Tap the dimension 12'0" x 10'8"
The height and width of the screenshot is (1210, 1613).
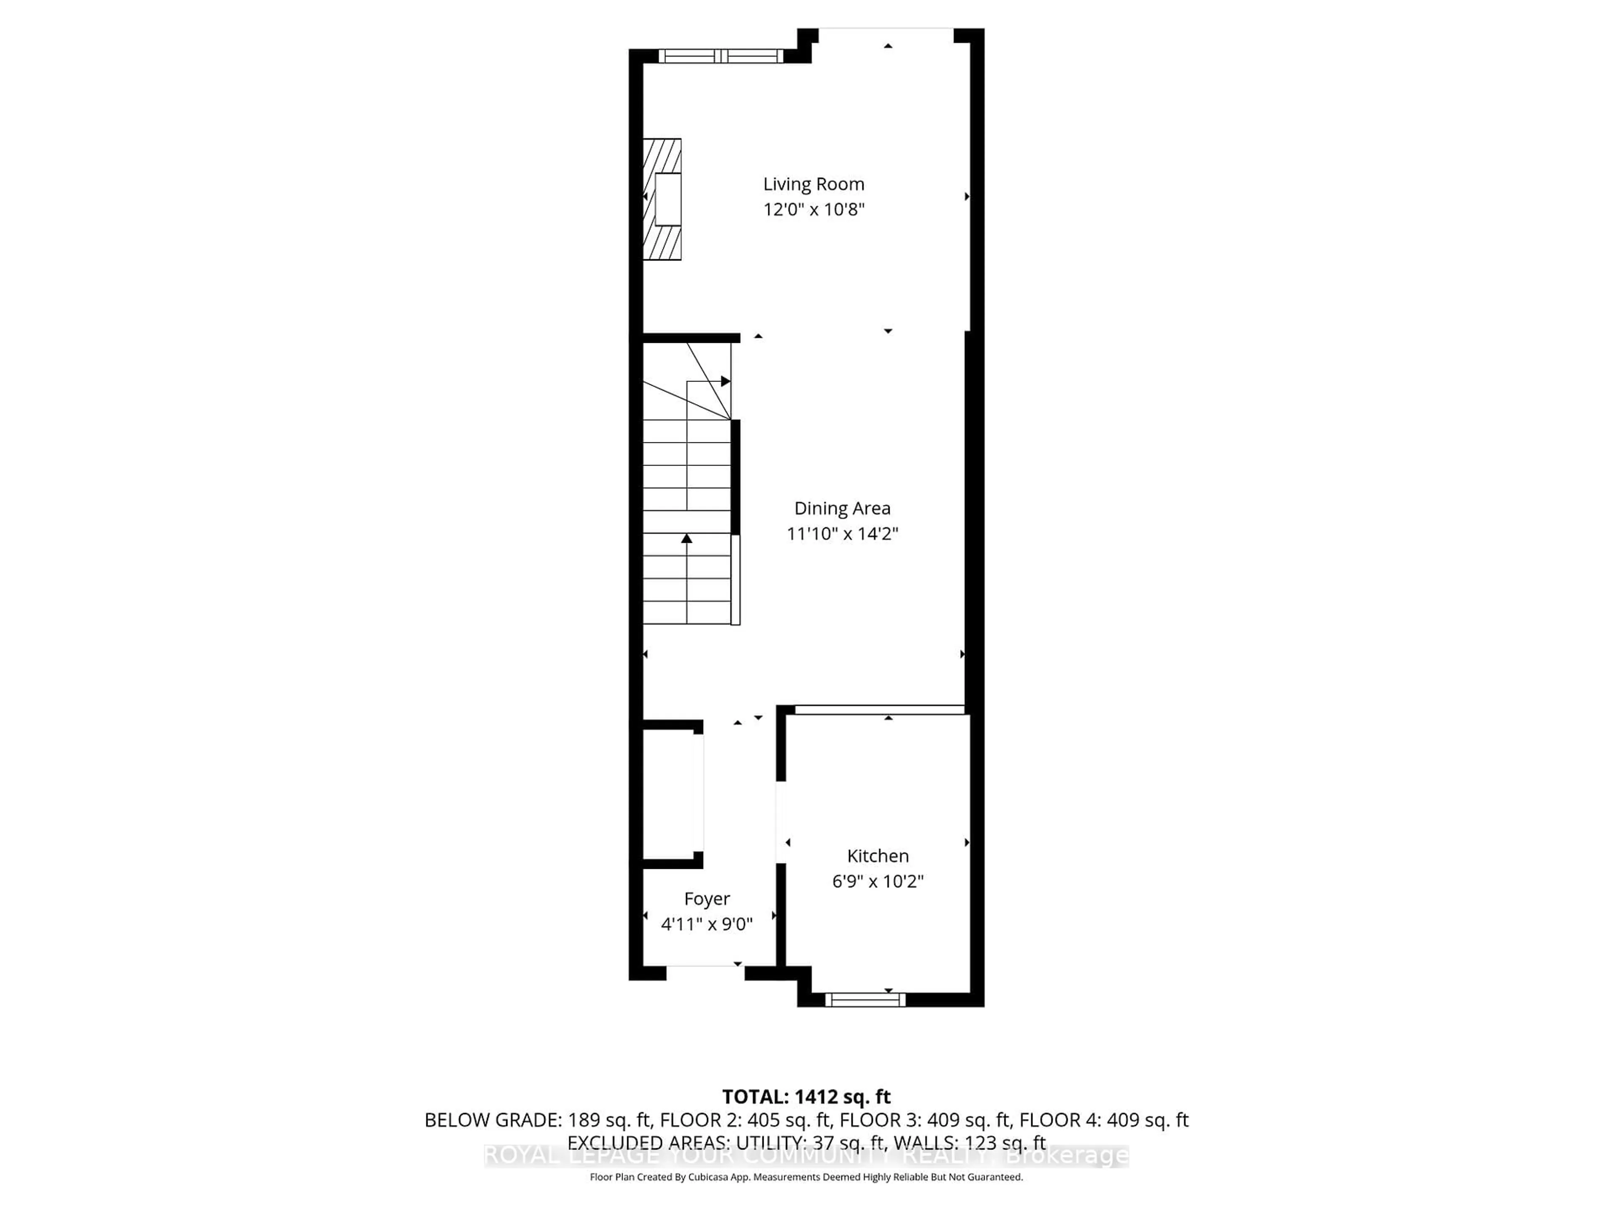813,209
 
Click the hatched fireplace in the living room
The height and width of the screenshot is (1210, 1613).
662,199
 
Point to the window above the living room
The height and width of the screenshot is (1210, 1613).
720,55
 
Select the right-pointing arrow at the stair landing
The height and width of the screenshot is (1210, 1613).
725,381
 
